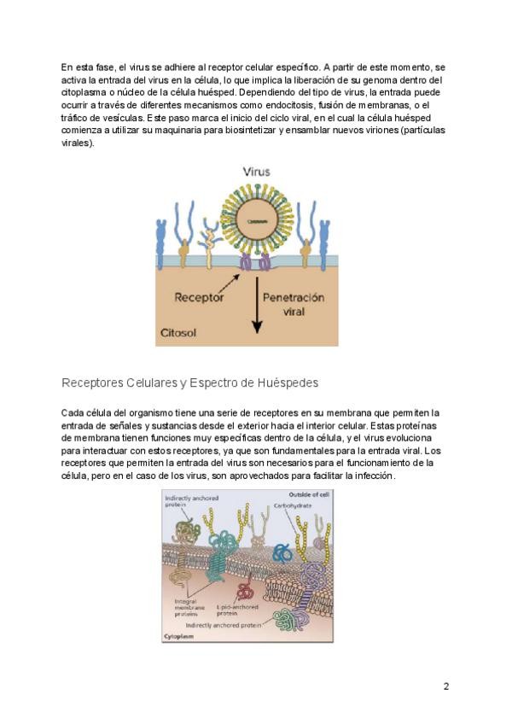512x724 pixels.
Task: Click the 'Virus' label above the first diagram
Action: [x=256, y=172]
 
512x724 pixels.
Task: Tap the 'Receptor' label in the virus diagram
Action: [x=199, y=298]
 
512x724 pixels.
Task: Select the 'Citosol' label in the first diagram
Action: [x=177, y=333]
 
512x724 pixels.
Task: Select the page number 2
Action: [x=445, y=686]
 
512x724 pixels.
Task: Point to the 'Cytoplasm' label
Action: [x=177, y=637]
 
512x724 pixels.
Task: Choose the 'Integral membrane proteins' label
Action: [x=180, y=607]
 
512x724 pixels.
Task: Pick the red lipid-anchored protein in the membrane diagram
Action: [x=246, y=590]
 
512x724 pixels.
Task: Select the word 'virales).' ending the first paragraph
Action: [x=79, y=143]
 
